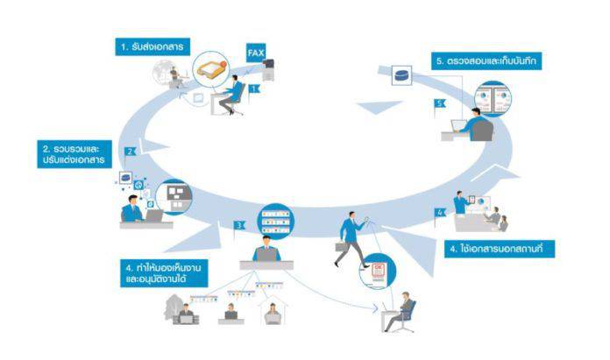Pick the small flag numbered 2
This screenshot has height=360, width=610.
coord(130,152)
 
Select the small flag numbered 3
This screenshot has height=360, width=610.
coord(238,226)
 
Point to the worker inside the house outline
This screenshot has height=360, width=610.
coord(272,311)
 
